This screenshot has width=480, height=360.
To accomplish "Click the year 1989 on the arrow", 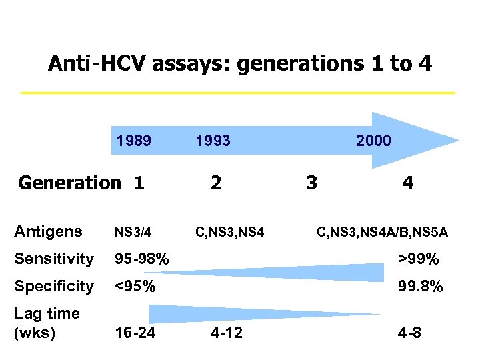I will tap(134, 141).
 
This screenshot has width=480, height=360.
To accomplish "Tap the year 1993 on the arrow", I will tap(213, 141).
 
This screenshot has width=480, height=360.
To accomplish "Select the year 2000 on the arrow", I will tap(374, 141).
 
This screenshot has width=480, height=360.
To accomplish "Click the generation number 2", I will tap(216, 183).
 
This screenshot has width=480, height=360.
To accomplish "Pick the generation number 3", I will tap(311, 183).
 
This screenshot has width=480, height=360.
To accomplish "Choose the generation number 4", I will tap(408, 183).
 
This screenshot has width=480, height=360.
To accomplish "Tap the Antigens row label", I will tap(49, 232).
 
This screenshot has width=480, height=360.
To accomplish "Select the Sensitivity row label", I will tap(54, 259).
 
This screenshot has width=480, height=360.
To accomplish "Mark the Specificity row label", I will tap(54, 286).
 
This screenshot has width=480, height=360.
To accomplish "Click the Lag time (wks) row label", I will tap(47, 323).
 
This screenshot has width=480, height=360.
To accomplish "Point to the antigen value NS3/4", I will tap(133, 233).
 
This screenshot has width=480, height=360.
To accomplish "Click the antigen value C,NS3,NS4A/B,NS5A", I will tap(382, 233).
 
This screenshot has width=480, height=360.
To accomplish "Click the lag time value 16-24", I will tap(135, 333).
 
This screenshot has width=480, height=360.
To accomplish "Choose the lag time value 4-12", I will tap(227, 333).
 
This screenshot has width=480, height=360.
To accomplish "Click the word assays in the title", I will tap(193, 65).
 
